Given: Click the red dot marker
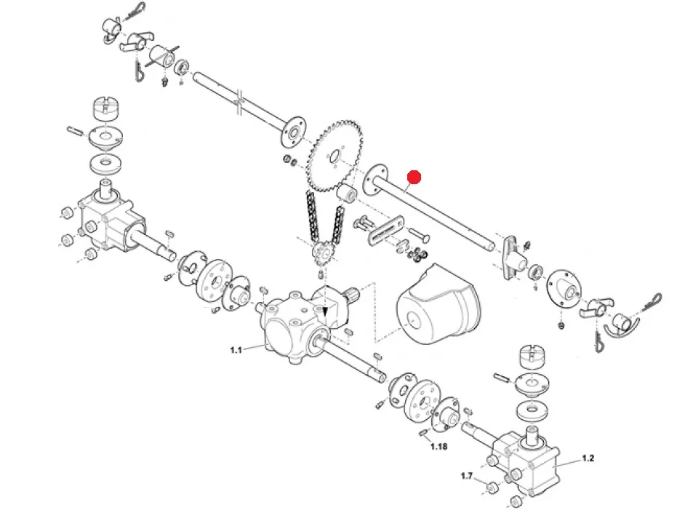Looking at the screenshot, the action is coord(414,177).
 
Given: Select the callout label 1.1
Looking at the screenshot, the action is coord(235,350).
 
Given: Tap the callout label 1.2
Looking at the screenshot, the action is coord(588,458).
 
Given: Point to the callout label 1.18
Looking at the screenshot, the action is coord(438,446).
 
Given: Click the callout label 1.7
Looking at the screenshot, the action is coord(467,476).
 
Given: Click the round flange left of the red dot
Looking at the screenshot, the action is coord(376,178).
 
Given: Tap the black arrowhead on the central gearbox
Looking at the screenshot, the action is coord(325,312).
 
